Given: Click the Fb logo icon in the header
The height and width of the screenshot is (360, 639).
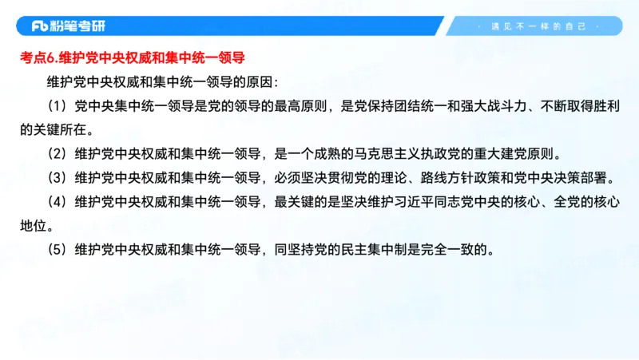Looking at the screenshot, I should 40,26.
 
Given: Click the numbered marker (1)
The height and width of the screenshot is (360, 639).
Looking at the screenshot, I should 58,105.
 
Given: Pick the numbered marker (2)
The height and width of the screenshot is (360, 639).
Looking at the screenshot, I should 58,153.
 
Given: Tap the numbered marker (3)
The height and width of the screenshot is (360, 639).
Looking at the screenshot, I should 58,177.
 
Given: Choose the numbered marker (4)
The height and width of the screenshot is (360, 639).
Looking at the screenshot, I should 58,201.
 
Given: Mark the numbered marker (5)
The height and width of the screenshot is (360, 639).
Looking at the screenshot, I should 58,249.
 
